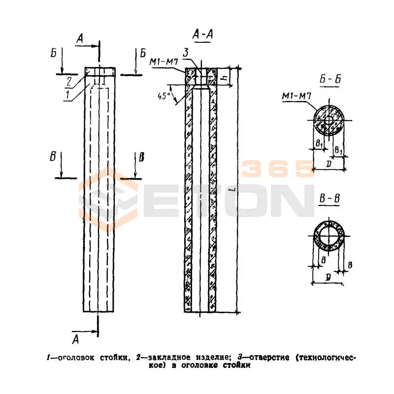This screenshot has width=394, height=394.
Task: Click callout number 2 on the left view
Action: (x=70, y=80)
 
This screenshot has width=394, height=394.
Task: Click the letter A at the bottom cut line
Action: (x=75, y=339)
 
